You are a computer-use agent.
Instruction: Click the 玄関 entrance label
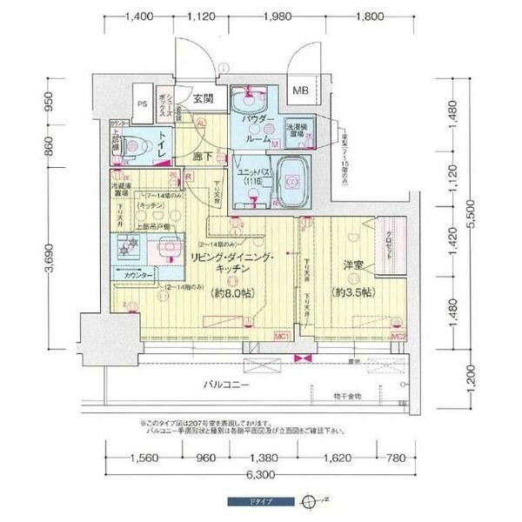[x=203, y=98]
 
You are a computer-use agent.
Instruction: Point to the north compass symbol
[x=304, y=502]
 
